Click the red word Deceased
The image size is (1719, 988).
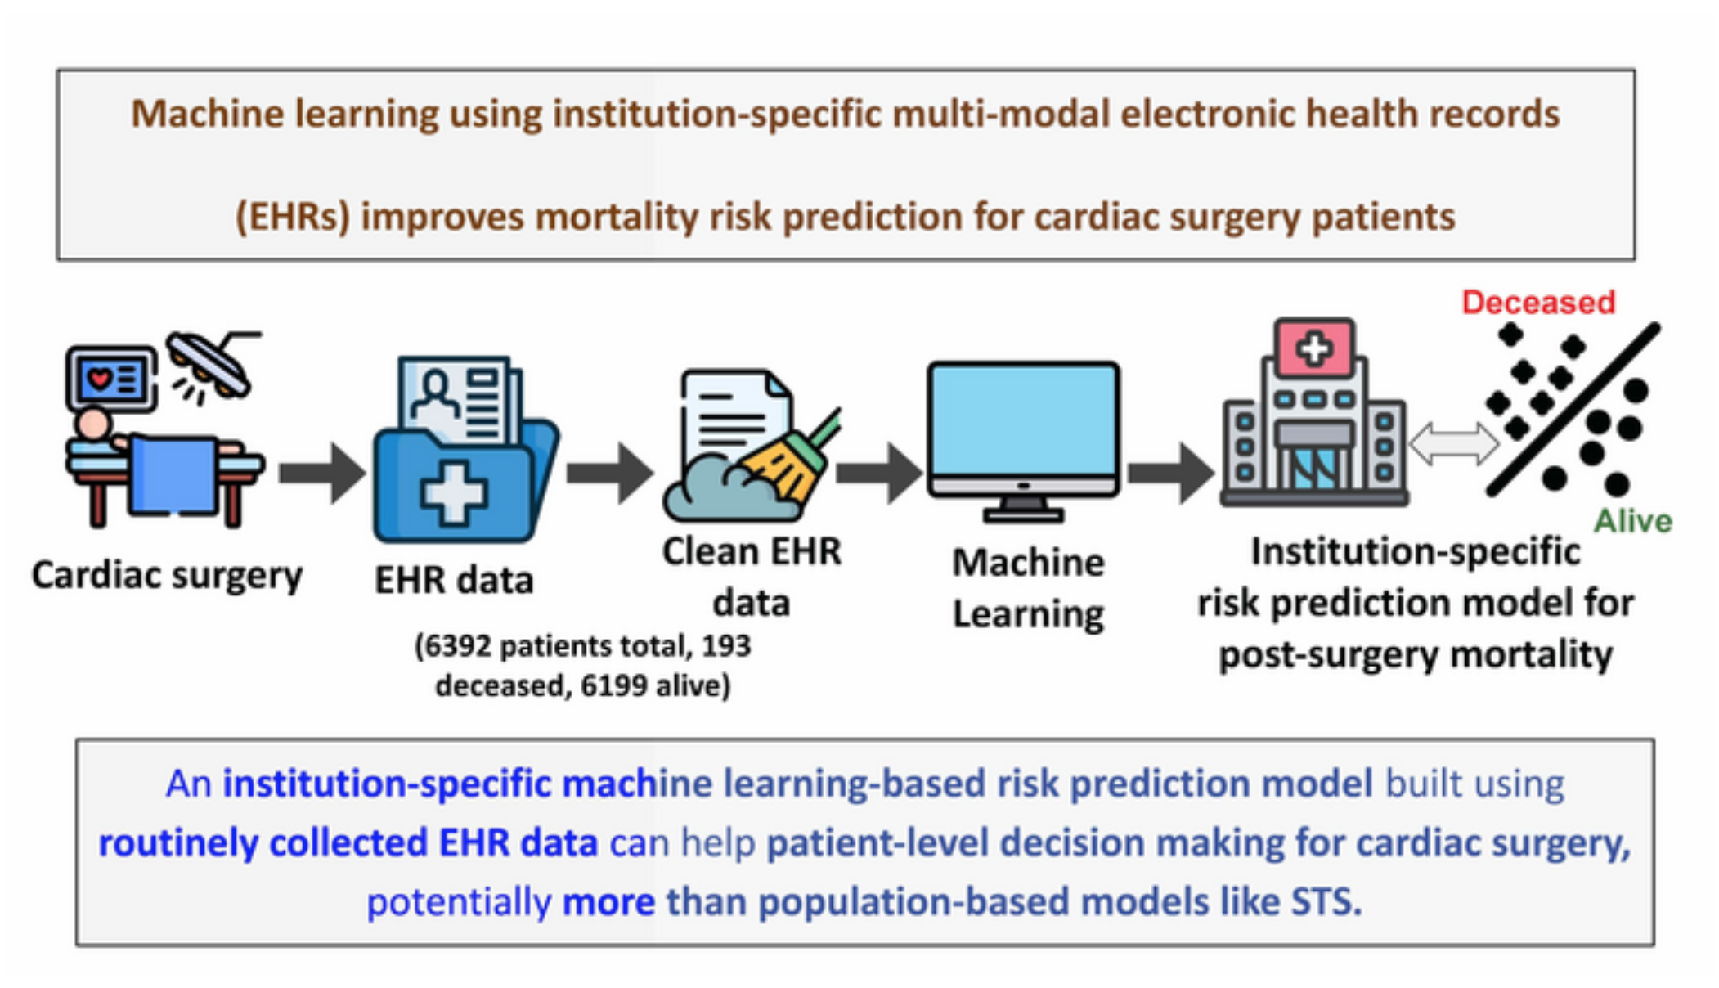(1537, 303)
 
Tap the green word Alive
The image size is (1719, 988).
(1632, 521)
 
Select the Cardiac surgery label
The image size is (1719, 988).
(167, 575)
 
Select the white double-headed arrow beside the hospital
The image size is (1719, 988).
(1453, 444)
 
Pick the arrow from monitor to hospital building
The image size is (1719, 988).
(1170, 473)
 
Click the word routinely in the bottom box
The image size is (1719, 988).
(177, 843)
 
